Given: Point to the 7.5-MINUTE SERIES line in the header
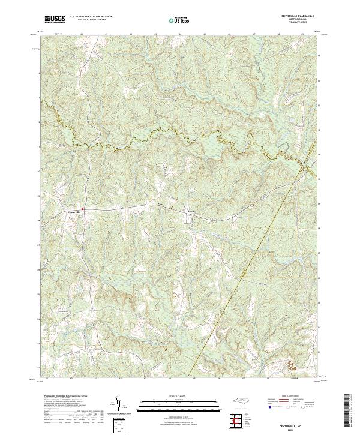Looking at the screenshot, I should (x=302, y=25).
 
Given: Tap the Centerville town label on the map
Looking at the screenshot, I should (x=72, y=212).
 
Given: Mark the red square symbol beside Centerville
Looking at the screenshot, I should (x=83, y=209).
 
